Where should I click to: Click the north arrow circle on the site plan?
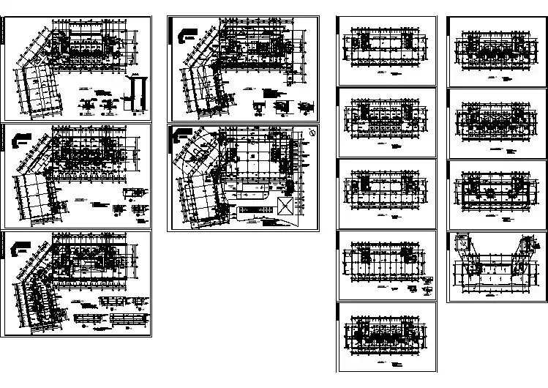[312, 133]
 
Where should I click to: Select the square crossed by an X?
[285, 204]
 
